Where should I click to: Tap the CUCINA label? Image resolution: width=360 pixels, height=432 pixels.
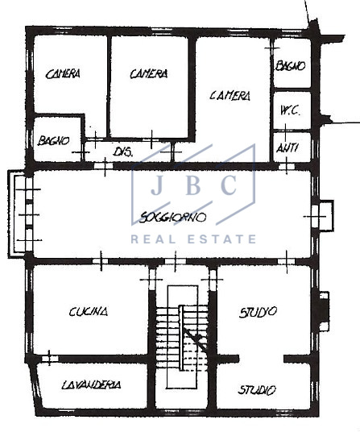[x=89, y=311]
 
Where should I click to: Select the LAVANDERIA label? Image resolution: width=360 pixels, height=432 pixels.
[x=92, y=385]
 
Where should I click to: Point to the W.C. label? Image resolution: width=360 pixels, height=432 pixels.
[x=290, y=110]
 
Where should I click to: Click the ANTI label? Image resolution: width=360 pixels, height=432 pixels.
[x=288, y=147]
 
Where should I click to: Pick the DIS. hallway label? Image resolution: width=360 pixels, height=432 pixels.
[x=122, y=151]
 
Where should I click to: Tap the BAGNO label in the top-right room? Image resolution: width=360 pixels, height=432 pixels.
[x=290, y=66]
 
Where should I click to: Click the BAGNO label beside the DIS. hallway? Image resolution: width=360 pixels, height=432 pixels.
[x=54, y=140]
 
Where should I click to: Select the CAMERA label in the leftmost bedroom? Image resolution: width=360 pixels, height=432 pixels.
[x=63, y=74]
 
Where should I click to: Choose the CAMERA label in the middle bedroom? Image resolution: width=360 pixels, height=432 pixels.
[x=149, y=73]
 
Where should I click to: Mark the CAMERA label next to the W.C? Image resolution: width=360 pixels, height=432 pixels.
[x=230, y=95]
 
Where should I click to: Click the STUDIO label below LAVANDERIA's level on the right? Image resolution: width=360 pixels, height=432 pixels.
[x=257, y=390]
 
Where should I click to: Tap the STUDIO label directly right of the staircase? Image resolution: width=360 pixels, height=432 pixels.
[x=259, y=311]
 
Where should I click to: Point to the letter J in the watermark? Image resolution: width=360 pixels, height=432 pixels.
[x=157, y=186]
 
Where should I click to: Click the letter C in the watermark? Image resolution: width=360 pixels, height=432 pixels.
[x=230, y=186]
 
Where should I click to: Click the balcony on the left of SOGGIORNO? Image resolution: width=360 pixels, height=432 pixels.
[x=20, y=214]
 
